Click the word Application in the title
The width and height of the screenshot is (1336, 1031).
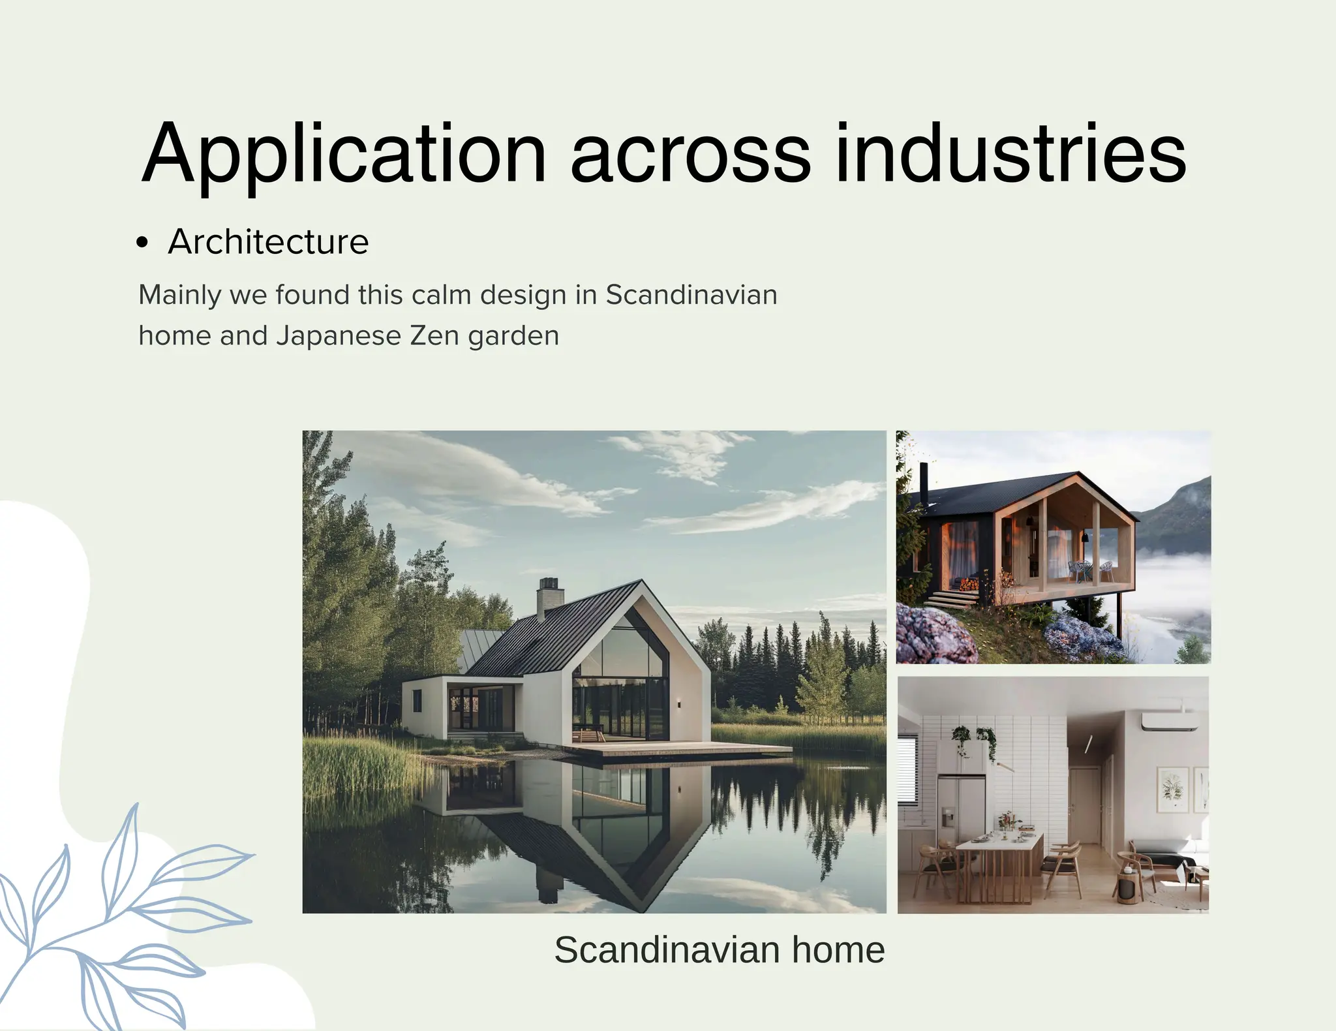344,155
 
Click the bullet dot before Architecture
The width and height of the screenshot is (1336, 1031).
143,243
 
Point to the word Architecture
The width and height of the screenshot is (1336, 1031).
268,242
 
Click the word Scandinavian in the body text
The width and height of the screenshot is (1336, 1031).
691,295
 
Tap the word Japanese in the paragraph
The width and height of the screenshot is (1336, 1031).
339,336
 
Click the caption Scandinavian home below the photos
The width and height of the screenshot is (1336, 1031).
719,950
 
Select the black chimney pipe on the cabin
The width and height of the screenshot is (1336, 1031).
923,483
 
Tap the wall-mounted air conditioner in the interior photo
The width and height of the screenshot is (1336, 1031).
1169,721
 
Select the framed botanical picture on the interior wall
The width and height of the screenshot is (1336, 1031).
1172,790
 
